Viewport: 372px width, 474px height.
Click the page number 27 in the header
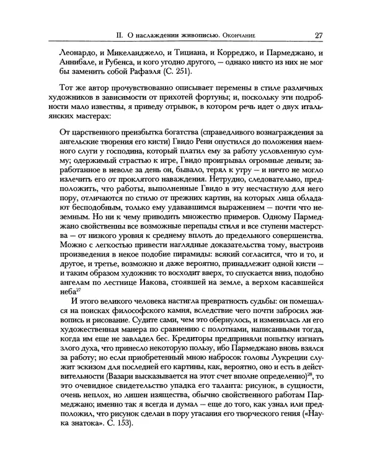(x=317, y=35)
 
